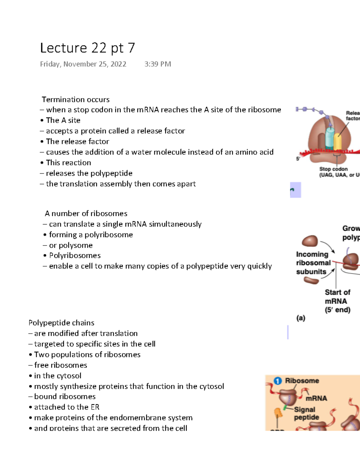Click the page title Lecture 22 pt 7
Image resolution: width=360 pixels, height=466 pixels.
pos(88,48)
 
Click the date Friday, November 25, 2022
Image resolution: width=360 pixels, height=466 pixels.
pos(83,64)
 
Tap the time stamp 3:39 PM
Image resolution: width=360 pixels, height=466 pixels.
pos(157,64)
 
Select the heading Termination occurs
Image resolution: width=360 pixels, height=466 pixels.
pos(76,100)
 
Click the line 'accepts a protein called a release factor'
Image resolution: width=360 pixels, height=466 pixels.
pos(115,131)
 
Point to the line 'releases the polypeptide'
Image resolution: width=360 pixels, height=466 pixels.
pos(89,173)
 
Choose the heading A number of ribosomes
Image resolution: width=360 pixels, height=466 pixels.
pos(86,214)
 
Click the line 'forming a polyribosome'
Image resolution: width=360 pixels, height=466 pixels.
pos(91,235)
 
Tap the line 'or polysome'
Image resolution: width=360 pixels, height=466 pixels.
pos(71,245)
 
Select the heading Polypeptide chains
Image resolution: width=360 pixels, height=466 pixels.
pos(61,323)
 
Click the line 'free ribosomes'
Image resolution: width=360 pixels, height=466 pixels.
pos(61,365)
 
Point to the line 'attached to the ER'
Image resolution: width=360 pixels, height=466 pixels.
pos(67,407)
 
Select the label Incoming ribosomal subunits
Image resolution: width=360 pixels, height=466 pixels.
pos(313,263)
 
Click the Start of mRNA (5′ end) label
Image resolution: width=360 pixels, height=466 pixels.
pos(337,301)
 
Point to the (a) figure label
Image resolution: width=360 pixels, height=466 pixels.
pos(301,318)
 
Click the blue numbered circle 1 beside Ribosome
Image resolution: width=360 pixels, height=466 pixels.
pos(278,381)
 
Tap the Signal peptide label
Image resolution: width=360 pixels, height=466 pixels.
pos(306,413)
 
